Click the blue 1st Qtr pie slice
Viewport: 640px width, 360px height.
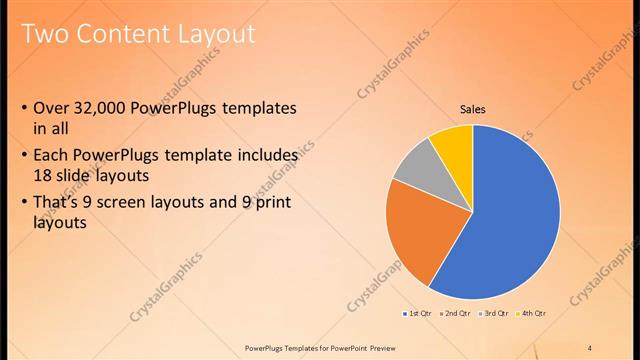[515, 220]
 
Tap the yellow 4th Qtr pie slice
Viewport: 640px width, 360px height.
[454, 143]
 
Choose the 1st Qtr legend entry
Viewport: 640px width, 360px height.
[418, 314]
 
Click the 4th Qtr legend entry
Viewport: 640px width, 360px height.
[532, 314]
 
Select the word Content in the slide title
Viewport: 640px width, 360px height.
[118, 35]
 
